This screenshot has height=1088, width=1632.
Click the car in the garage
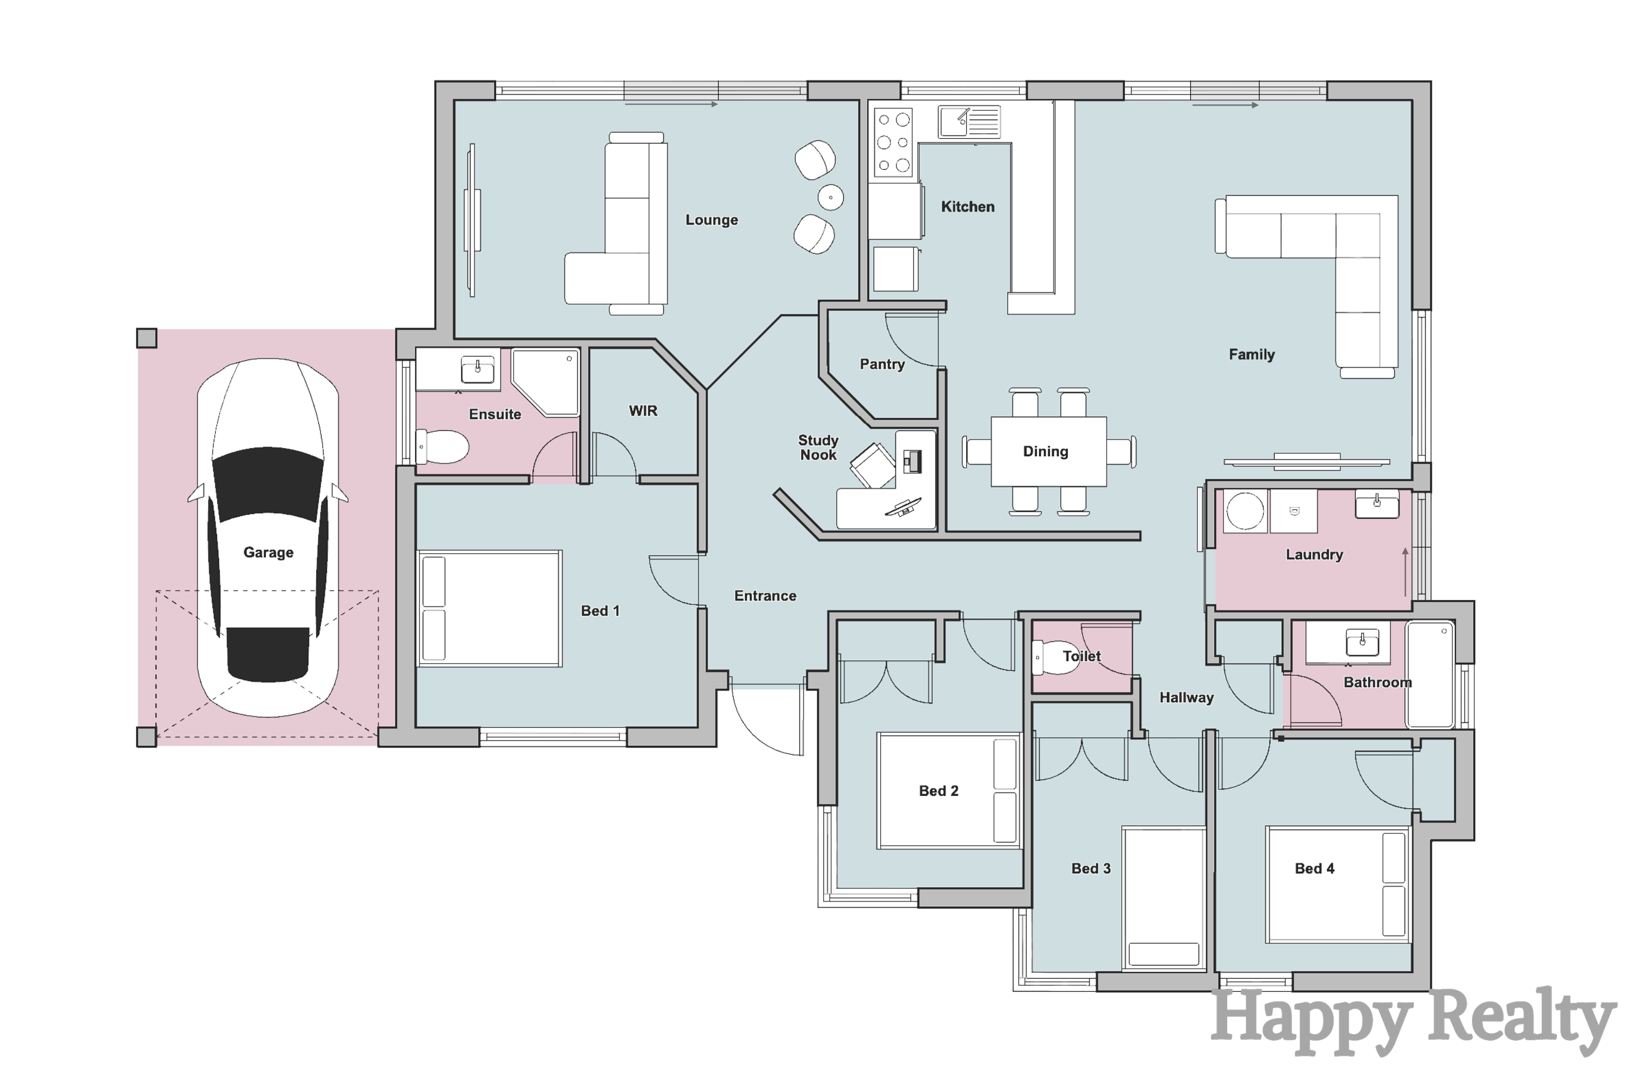coord(268,538)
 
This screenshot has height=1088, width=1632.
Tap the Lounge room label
coord(711,220)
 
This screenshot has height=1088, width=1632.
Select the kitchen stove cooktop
coord(893,142)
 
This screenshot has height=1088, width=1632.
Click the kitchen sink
coord(969,122)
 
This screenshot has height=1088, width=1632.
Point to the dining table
coord(1048,451)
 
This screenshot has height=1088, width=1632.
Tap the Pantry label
coord(882,364)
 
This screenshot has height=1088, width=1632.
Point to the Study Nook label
coord(818,448)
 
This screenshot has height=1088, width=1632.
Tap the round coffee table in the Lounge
coord(831,198)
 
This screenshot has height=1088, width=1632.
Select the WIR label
coord(642,411)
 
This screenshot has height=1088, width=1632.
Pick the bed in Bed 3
coord(1164,898)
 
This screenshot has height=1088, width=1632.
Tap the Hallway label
coord(1186,697)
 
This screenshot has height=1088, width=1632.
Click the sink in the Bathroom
coord(1362,642)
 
